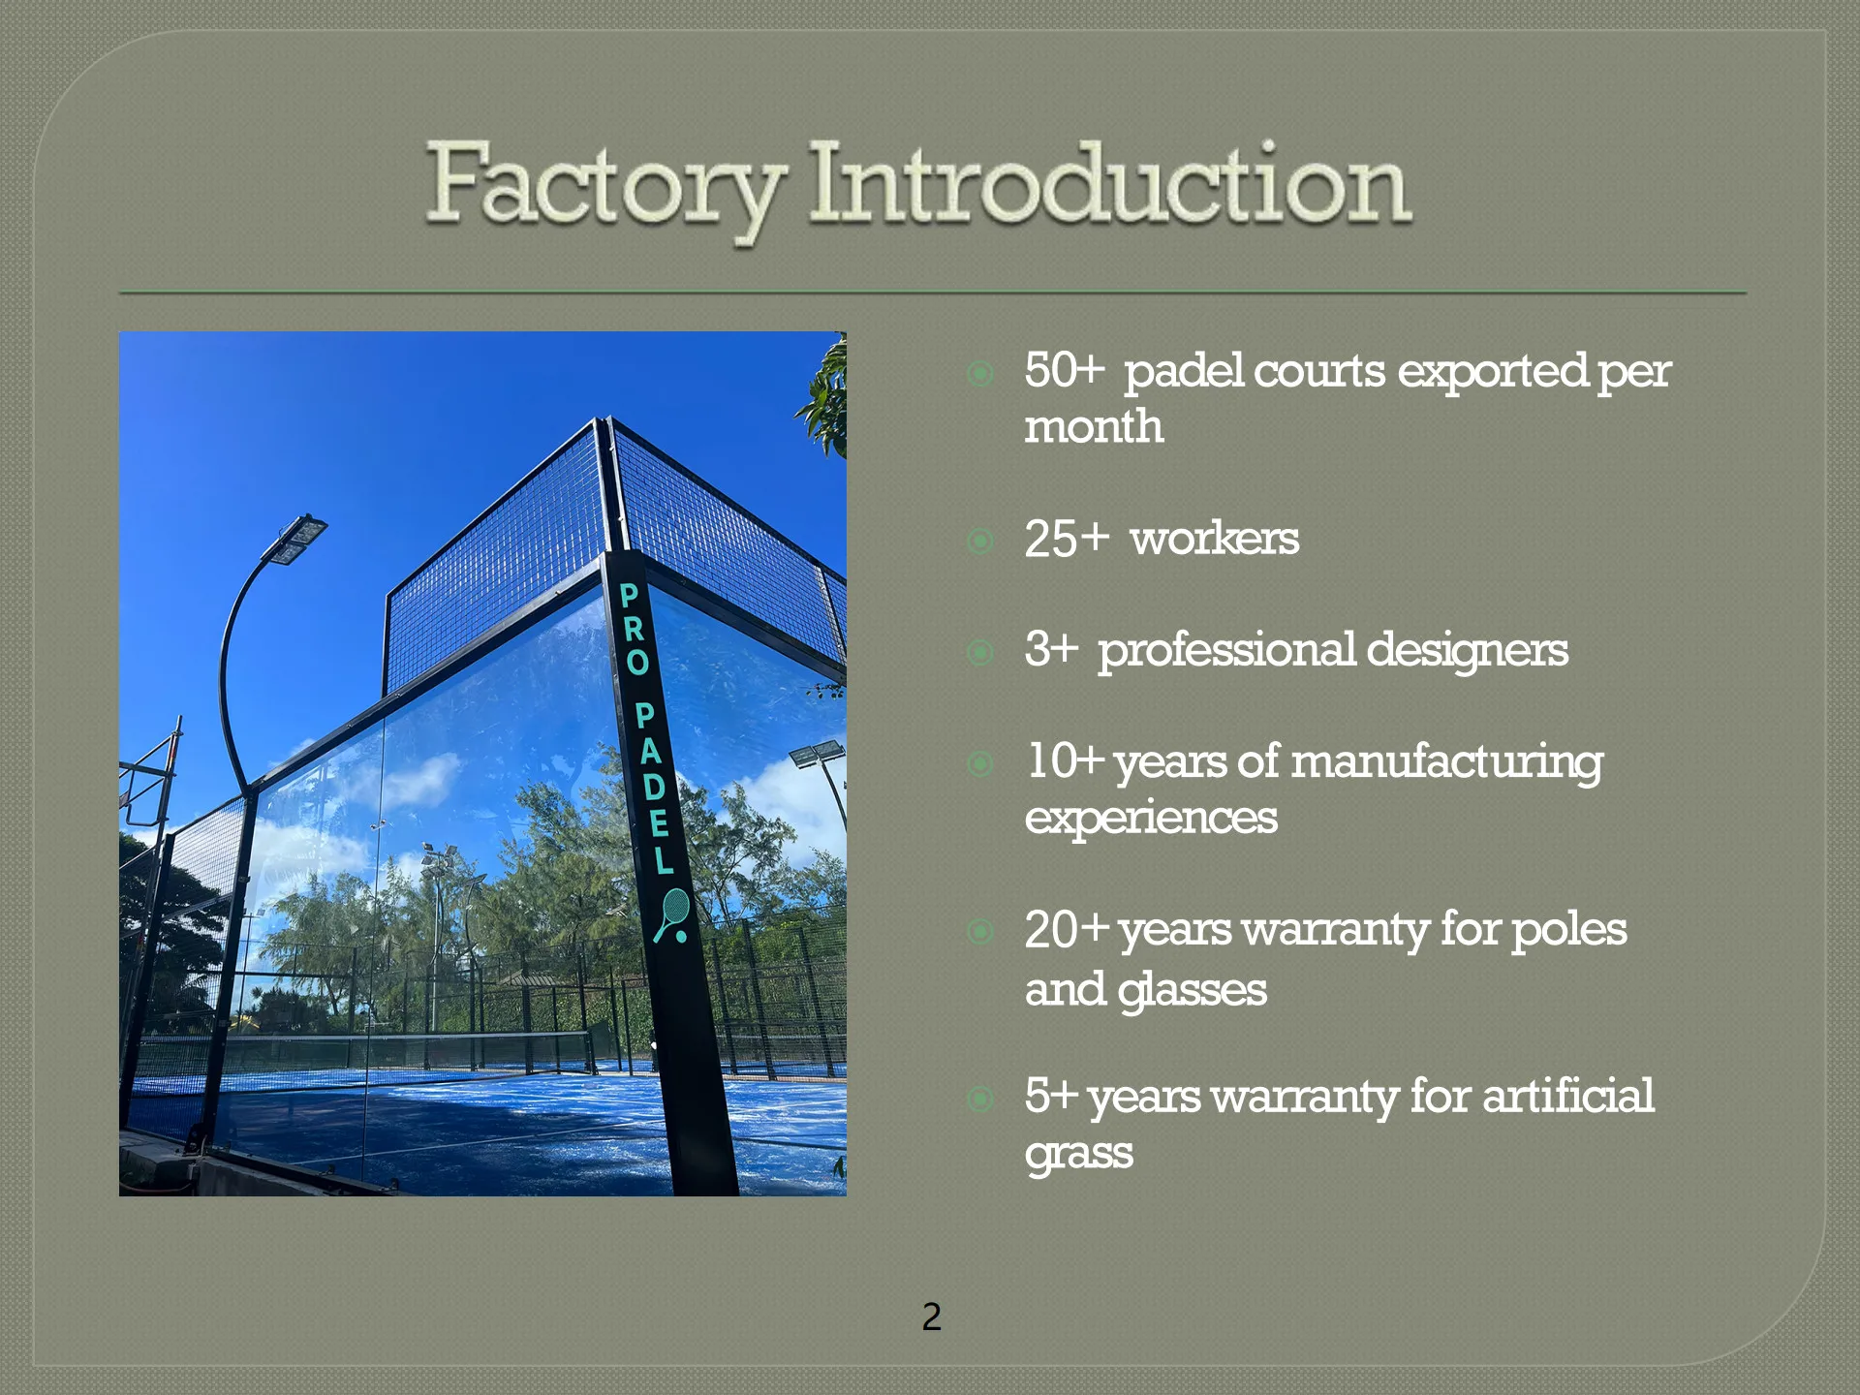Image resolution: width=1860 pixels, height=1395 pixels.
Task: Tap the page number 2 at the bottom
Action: (x=931, y=1317)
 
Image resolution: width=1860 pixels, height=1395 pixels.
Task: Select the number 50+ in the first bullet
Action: (x=1064, y=371)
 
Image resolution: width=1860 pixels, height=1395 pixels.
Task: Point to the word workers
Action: (x=1215, y=539)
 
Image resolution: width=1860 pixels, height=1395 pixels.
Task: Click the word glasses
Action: (x=1192, y=990)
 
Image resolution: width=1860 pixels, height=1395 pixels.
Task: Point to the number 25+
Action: (x=1067, y=540)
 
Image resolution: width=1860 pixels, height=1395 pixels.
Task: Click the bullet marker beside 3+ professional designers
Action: (x=980, y=652)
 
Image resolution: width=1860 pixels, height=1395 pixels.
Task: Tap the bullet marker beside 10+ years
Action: (x=980, y=764)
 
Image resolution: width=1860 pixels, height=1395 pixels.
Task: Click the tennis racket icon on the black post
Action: (x=671, y=915)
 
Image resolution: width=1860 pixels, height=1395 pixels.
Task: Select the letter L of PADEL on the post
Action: (x=663, y=860)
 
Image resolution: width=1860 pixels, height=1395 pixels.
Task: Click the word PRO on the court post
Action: (x=634, y=629)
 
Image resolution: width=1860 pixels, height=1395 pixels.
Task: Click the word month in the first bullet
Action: (x=1094, y=427)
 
